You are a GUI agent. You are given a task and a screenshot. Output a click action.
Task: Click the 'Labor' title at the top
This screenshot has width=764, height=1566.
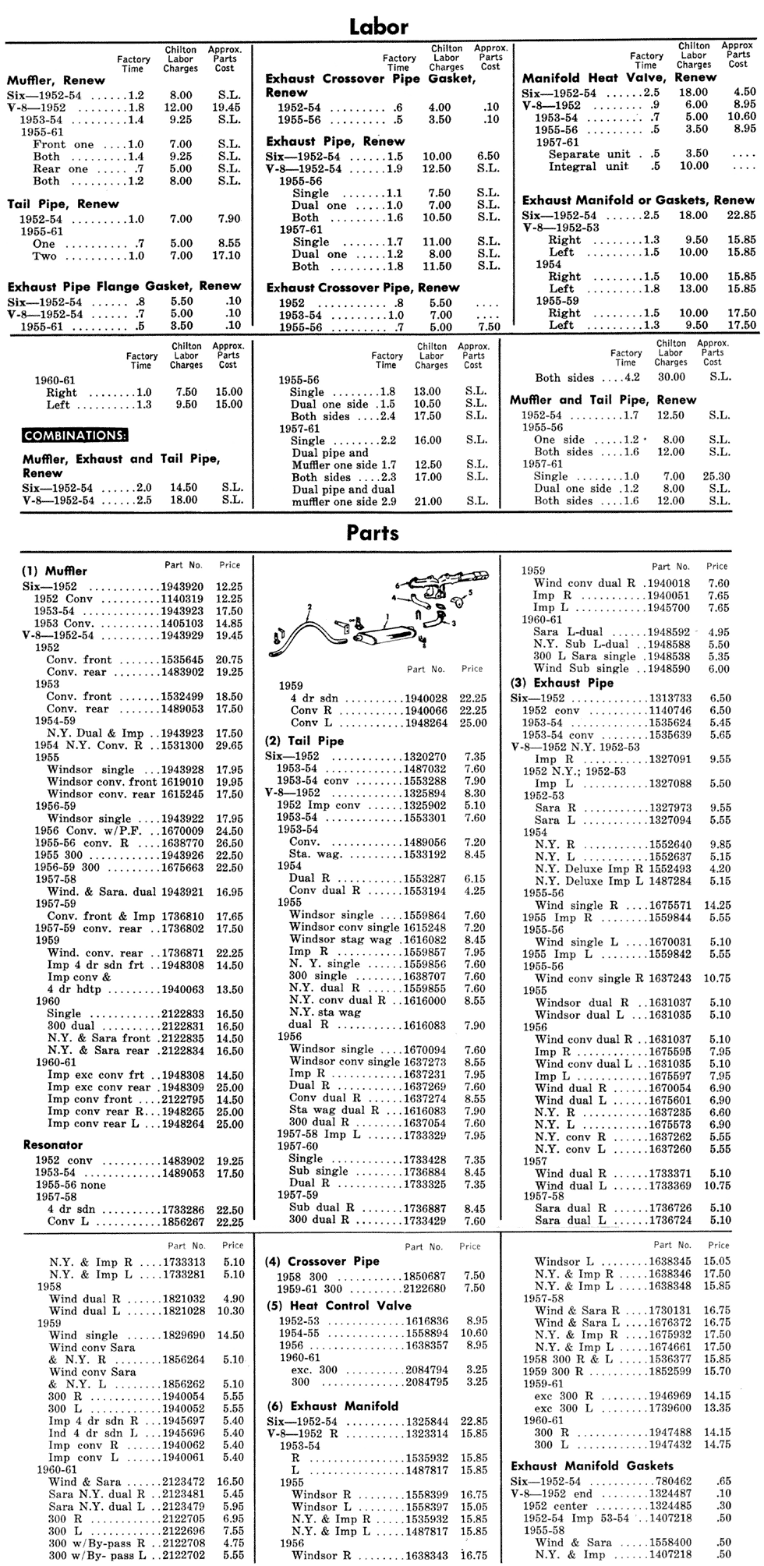[379, 27]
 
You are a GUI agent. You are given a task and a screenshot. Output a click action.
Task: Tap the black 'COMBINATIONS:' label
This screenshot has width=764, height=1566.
[76, 435]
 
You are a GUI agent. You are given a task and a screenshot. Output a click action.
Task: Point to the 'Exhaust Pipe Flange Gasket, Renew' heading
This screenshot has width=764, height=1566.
[124, 286]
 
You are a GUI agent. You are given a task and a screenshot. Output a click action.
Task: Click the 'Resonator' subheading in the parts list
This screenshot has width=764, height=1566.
[52, 1145]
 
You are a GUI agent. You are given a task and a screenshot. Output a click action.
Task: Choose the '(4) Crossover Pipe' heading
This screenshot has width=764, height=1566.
[322, 1261]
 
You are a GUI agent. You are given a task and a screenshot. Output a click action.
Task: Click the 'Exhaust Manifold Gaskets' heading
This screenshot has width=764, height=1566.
[592, 1465]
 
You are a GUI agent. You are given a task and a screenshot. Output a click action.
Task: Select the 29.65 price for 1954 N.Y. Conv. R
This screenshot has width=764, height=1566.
[228, 745]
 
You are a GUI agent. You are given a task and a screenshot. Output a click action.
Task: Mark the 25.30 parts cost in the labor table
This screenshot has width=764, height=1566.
[715, 476]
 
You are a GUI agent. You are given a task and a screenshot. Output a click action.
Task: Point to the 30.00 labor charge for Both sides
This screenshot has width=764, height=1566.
[670, 378]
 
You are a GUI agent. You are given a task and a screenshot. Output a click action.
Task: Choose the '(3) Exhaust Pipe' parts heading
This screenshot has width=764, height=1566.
[561, 683]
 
